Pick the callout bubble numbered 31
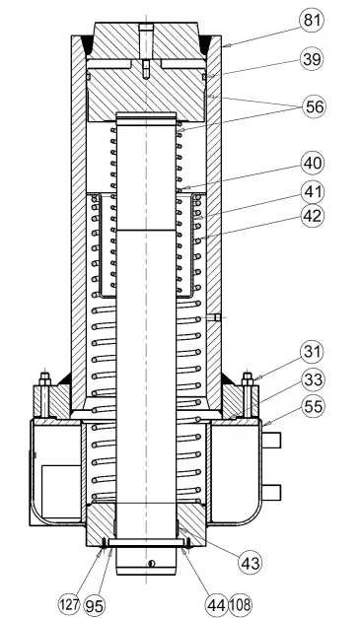(312, 352)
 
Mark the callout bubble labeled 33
(312, 379)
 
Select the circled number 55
(312, 406)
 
